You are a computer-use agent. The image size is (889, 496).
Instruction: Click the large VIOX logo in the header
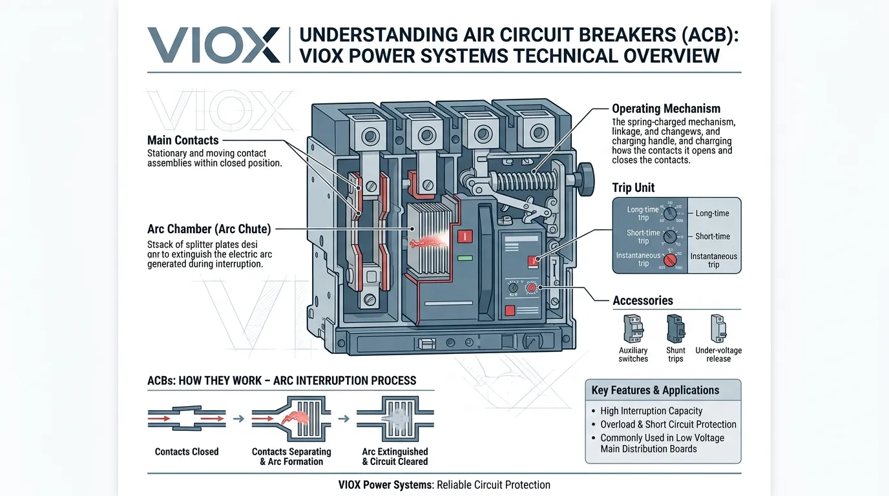[214, 45]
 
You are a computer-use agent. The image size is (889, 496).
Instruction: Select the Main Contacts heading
[183, 140]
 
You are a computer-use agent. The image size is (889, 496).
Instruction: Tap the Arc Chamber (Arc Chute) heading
[209, 229]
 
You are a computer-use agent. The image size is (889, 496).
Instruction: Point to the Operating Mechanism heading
[665, 108]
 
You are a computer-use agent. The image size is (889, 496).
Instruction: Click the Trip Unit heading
[633, 187]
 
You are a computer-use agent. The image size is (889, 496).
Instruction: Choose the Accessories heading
[642, 300]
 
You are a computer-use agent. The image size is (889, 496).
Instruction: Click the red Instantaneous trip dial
[671, 260]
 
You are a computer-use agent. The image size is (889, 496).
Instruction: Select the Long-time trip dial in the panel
[671, 212]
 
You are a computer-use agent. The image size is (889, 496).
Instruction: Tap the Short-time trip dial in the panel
[671, 236]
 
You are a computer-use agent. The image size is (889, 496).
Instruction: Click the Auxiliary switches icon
[633, 329]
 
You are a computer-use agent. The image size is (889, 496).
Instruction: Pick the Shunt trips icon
[675, 329]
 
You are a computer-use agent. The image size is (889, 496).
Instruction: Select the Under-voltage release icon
[718, 329]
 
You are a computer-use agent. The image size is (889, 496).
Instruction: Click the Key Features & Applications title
[655, 390]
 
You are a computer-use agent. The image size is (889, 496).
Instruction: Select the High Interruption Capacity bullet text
[651, 411]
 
